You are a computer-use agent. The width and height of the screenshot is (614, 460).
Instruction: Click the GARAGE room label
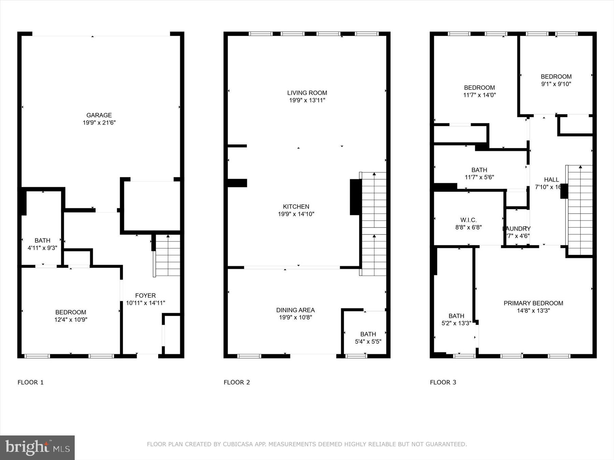(99, 115)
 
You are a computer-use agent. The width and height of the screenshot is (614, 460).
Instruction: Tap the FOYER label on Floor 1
(145, 296)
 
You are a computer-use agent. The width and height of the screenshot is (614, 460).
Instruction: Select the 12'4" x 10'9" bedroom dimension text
(71, 320)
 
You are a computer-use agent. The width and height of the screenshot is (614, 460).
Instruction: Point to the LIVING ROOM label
(307, 93)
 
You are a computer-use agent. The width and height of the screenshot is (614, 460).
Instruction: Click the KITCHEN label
(296, 206)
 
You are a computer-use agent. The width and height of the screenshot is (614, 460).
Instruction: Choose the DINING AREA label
(295, 310)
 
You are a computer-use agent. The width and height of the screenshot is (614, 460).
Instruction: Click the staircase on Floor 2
(374, 223)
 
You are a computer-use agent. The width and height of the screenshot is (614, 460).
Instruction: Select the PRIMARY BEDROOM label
(533, 303)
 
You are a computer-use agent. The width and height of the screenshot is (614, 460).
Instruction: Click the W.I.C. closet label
(468, 220)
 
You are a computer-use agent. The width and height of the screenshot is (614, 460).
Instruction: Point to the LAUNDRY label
(517, 229)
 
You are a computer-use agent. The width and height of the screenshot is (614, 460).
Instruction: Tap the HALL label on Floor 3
(551, 180)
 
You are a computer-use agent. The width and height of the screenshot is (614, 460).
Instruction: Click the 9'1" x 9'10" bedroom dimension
(556, 84)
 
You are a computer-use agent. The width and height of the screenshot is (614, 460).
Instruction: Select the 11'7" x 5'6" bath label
(479, 177)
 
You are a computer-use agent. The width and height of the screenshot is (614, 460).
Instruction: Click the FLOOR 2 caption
(237, 382)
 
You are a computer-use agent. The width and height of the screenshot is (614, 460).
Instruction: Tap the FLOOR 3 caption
(443, 382)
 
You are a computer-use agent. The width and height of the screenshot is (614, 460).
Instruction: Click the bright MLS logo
(37, 447)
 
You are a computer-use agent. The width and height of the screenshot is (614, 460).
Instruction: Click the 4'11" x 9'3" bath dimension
(42, 248)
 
